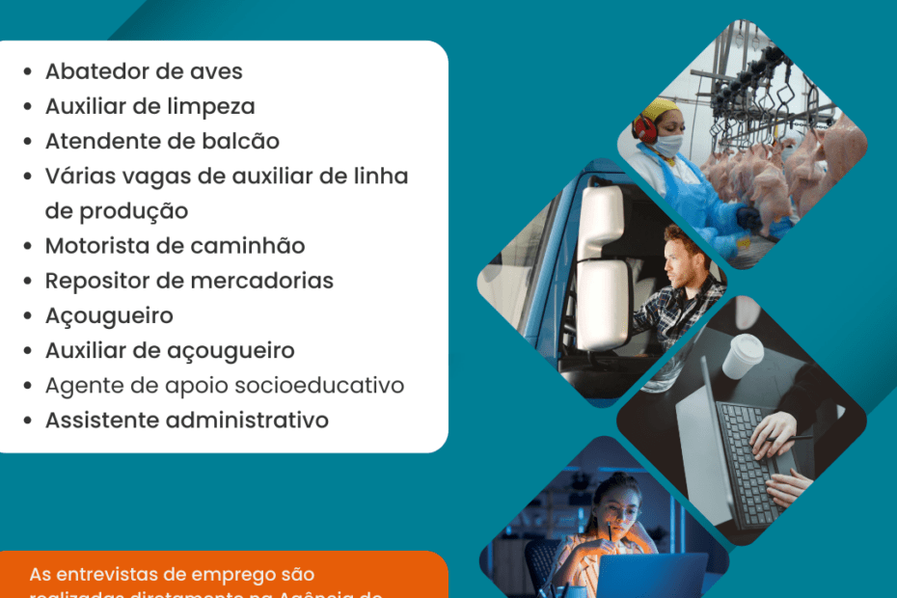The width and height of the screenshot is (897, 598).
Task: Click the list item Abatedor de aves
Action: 144,71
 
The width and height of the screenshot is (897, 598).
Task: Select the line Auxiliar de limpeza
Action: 149,106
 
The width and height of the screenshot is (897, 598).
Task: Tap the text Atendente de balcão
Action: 162,141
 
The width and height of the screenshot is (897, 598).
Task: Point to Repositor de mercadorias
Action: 189,281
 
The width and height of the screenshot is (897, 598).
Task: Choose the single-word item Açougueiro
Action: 109,315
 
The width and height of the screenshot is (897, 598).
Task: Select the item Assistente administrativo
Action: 186,421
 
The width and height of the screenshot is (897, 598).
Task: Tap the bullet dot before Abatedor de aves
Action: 29,72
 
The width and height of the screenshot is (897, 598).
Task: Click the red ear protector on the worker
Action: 644,127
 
